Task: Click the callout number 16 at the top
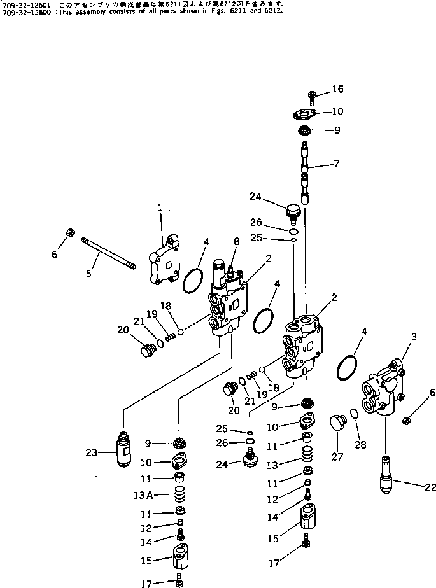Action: [x=337, y=89]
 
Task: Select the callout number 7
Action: [x=335, y=164]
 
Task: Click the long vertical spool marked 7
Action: [x=306, y=173]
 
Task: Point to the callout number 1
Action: [x=160, y=208]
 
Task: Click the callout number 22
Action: [x=430, y=488]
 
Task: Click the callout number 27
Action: [x=338, y=456]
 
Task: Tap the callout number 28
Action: [x=361, y=445]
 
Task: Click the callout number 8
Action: [x=237, y=241]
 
